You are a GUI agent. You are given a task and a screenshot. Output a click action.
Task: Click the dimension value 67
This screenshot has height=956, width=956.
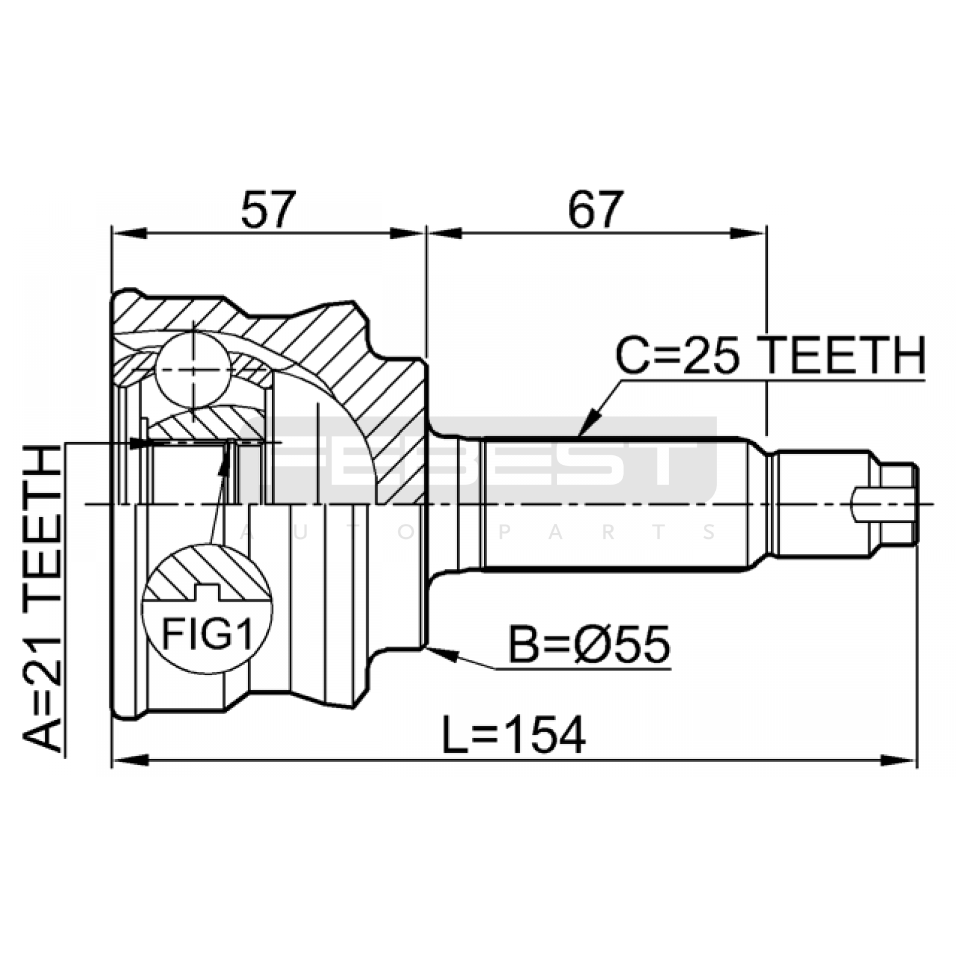596,210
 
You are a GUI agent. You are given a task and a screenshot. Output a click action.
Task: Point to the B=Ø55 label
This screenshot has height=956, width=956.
589,645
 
